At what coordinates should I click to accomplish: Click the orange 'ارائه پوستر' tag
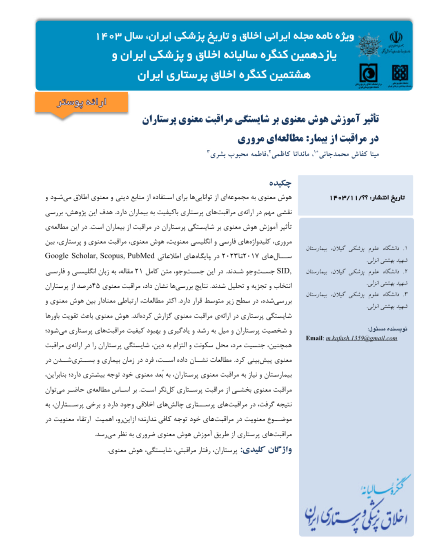pos(82,102)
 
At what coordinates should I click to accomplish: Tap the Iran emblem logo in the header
pos(395,38)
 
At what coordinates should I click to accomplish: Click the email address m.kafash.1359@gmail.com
pos(361,338)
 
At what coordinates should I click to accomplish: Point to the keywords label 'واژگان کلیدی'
pos(267,450)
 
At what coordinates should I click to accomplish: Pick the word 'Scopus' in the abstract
pos(110,256)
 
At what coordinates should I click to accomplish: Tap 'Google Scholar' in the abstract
pos(68,256)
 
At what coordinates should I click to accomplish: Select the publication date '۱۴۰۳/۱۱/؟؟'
pos(349,198)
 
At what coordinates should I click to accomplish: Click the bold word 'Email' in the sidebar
pos(314,338)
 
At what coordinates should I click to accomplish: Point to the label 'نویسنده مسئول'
pos(387,329)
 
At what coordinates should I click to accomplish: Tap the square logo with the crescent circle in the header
pos(368,73)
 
